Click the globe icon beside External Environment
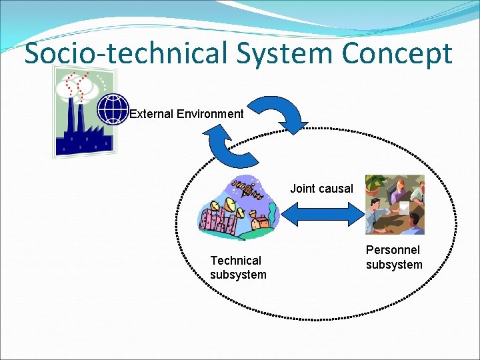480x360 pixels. tap(113, 109)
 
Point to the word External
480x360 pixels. tap(151, 114)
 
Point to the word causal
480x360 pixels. tap(337, 189)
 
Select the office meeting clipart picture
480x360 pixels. tap(395, 205)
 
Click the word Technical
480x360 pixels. tap(235, 261)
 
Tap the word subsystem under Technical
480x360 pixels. tap(237, 275)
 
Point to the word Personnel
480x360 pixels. tap(393, 250)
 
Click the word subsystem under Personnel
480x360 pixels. tap(394, 265)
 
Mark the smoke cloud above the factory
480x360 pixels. tap(75, 85)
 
